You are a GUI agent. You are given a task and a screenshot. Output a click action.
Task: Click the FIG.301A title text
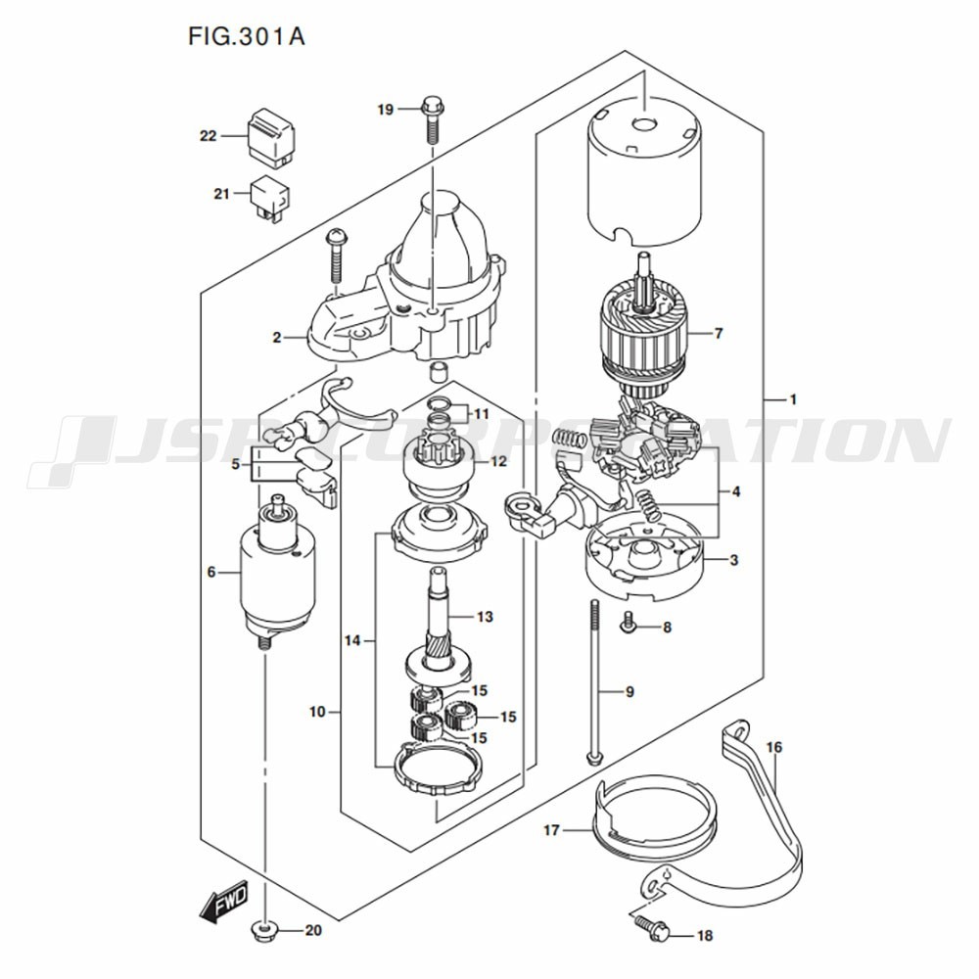click(246, 36)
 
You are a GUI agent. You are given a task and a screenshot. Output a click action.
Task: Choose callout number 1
click(793, 399)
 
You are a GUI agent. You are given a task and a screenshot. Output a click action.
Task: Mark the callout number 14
click(352, 640)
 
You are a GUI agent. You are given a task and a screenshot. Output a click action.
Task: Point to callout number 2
click(277, 338)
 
